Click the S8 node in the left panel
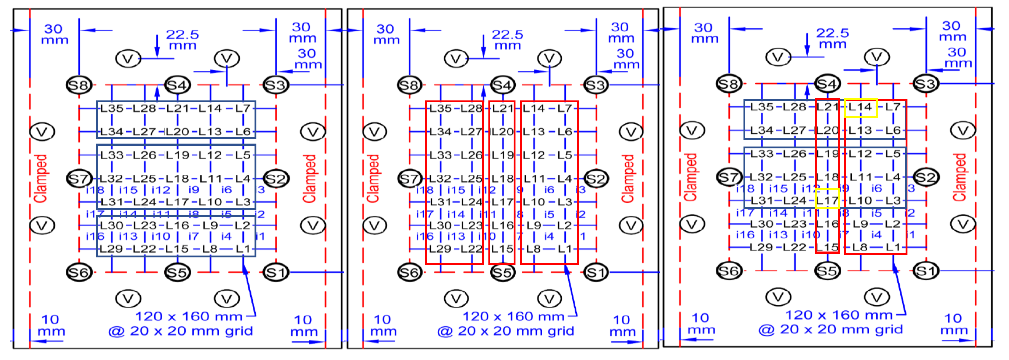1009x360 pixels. coord(79,85)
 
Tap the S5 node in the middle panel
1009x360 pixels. coord(502,272)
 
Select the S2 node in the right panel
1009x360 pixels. coord(926,177)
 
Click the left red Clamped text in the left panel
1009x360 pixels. coord(41,178)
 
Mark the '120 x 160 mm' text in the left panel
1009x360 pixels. coord(189,316)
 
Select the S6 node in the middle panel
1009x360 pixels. coord(409,272)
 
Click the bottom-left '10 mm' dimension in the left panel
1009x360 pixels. coord(51,325)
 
